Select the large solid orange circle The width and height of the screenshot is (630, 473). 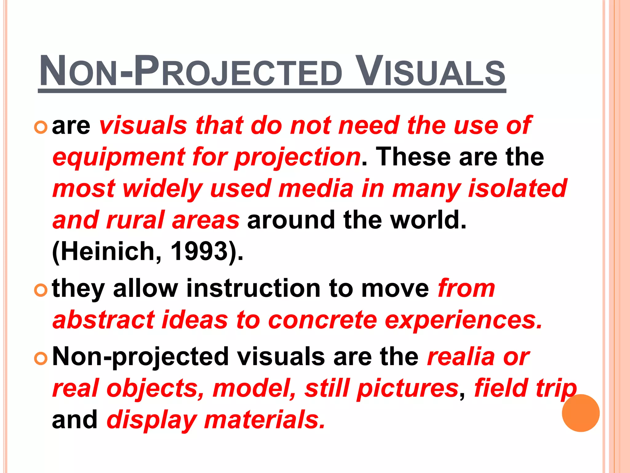point(580,413)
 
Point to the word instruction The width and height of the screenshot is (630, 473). point(253,289)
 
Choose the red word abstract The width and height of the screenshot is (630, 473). point(103,320)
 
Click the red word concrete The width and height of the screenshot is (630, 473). point(322,320)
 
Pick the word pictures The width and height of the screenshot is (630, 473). point(407,389)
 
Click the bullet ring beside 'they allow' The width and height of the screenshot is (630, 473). point(41,290)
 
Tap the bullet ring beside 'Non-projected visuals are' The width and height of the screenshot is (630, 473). point(41,358)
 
